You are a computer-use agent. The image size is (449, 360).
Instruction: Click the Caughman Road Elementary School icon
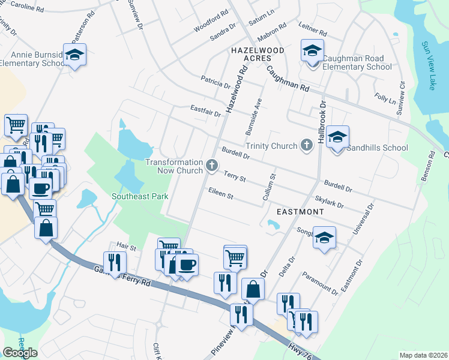[x=312, y=52]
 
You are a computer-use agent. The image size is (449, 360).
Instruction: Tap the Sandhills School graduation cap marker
[x=337, y=137]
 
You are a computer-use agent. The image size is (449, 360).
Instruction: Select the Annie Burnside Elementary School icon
[x=75, y=55]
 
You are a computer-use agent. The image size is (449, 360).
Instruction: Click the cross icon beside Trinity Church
[x=307, y=145]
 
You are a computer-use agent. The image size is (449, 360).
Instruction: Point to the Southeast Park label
[x=139, y=196]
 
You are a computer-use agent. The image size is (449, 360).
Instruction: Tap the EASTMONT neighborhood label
[x=300, y=212]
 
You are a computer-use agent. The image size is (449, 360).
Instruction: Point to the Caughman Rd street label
[x=288, y=78]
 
